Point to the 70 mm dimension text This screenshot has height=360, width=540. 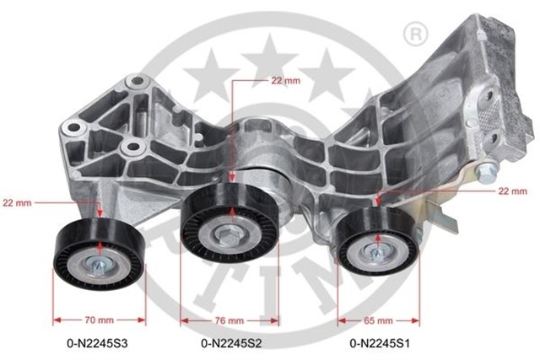(99, 320)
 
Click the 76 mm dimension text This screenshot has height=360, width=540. (229, 320)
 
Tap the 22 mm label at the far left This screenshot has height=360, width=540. (17, 203)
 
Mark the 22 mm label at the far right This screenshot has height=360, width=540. (512, 191)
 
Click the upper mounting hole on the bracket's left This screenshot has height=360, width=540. (132, 83)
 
